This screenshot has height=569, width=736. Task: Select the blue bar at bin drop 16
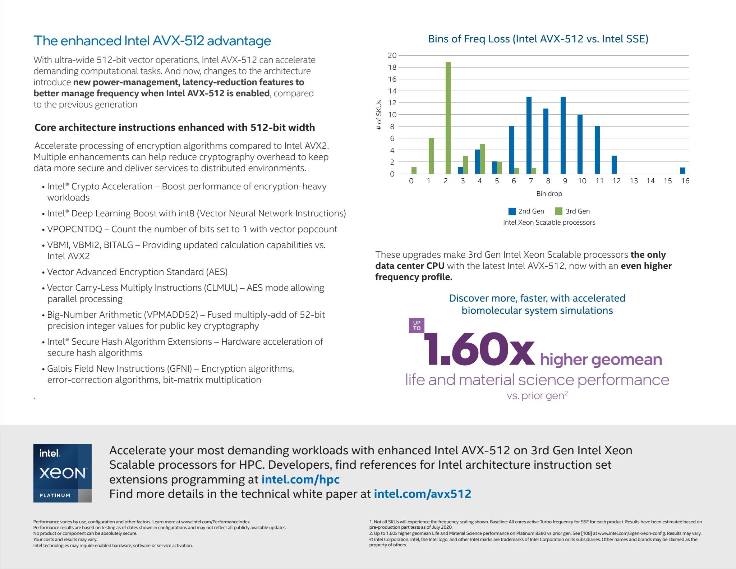coord(682,171)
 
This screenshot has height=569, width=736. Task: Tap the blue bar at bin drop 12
coord(614,165)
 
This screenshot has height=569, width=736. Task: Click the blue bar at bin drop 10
coord(580,144)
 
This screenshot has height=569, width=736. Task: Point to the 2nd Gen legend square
coord(512,211)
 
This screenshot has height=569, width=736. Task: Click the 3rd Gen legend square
coord(558,211)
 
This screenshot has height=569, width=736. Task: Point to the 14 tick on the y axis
coord(392,91)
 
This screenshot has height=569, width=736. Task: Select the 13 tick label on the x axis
coord(634,181)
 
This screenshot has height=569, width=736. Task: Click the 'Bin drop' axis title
coord(549,194)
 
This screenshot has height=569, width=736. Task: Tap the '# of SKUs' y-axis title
coord(379,115)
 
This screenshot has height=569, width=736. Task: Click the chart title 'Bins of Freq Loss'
coord(538,39)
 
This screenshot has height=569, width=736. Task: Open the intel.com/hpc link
coord(300,479)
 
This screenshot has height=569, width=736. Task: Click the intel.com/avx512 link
coord(422,494)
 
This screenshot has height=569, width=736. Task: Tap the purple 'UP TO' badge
coord(417,325)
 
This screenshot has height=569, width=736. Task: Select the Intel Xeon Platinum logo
coord(63,473)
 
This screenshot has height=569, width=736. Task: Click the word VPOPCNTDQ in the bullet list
coord(75,229)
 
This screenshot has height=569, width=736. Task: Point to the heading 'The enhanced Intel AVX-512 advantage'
coord(152,41)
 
